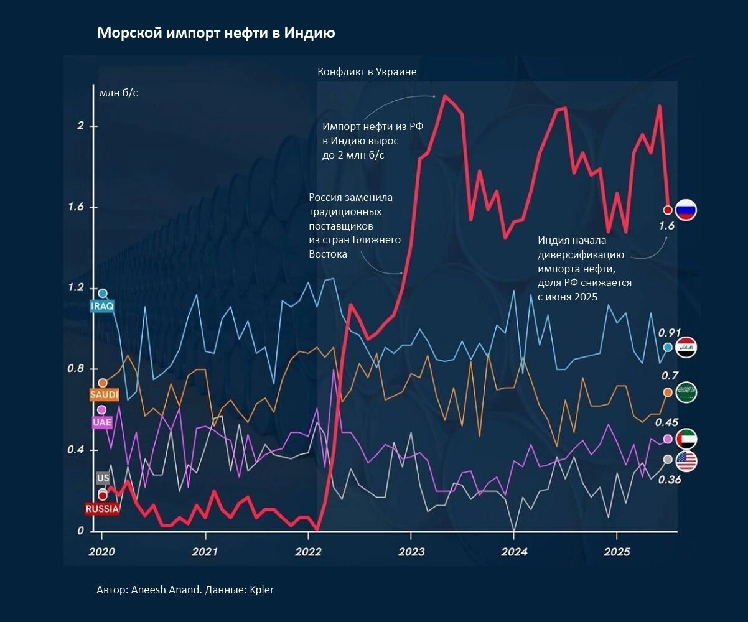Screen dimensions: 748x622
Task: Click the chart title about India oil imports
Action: (217, 33)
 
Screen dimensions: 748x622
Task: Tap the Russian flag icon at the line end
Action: (686, 210)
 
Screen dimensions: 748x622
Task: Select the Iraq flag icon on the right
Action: (686, 347)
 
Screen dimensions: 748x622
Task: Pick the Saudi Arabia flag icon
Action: (686, 392)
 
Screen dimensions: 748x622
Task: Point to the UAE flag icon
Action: (686, 439)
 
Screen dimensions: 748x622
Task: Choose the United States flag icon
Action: (686, 461)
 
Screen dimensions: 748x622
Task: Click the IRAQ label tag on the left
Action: (102, 306)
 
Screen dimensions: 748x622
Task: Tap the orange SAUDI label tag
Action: (104, 394)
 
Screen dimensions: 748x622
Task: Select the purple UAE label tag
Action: (102, 422)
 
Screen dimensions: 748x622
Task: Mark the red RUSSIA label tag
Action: (102, 509)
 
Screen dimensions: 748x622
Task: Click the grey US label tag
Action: (103, 478)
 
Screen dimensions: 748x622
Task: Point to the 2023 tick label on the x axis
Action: (411, 552)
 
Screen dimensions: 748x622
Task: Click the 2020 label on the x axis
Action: (101, 552)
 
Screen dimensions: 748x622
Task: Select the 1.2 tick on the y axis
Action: (76, 287)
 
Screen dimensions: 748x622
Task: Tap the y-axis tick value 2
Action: (81, 125)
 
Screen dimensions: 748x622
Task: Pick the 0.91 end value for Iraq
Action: (669, 333)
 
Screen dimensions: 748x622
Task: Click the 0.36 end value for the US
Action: (670, 480)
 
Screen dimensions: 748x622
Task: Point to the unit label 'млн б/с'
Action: (119, 93)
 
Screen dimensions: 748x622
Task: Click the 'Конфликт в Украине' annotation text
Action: (367, 72)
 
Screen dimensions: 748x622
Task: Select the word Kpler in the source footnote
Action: (261, 590)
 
